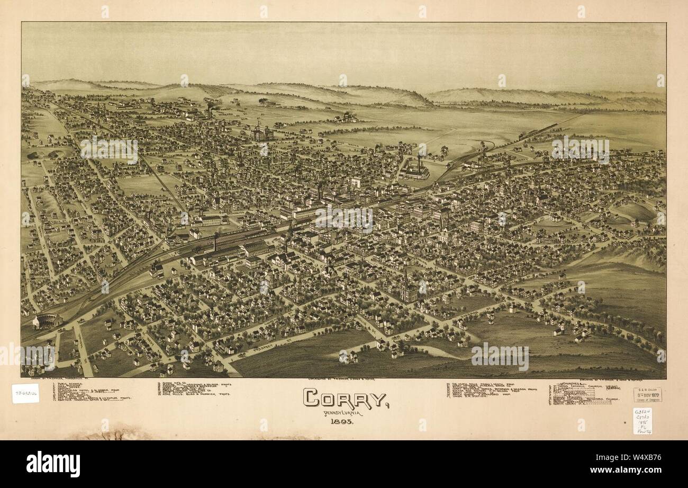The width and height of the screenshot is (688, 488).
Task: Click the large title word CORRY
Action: (x=345, y=398)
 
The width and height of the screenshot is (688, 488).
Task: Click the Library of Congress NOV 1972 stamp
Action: (x=647, y=395)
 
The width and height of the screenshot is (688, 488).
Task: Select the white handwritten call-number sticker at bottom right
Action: (x=642, y=421)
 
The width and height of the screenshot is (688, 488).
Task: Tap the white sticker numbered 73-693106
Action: (x=25, y=393)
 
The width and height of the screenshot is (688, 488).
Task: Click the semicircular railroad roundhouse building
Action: (x=47, y=321)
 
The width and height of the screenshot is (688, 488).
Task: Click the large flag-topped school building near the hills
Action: (x=262, y=132)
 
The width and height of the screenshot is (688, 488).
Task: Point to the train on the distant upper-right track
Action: (x=529, y=135)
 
